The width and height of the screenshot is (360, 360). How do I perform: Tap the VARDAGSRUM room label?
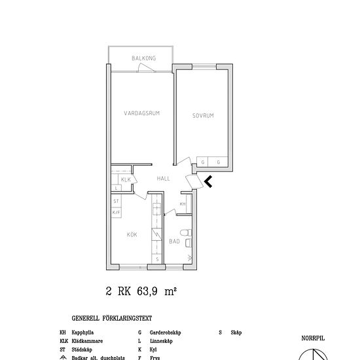[142, 113]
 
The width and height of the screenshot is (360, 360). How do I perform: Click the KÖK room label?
[132, 234]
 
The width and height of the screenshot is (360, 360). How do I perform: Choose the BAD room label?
[174, 241]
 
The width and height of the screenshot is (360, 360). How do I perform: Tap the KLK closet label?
[126, 179]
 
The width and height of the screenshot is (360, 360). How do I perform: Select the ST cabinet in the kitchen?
[117, 202]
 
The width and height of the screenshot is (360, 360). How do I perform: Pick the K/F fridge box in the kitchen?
[117, 211]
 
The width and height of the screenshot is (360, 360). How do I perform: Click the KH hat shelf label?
[183, 204]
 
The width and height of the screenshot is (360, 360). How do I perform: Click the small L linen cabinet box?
[116, 188]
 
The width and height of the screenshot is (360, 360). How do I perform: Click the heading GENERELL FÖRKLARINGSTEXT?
[111, 319]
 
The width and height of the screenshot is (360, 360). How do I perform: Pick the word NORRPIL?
[313, 338]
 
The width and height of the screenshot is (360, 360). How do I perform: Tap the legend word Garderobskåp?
[164, 333]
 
